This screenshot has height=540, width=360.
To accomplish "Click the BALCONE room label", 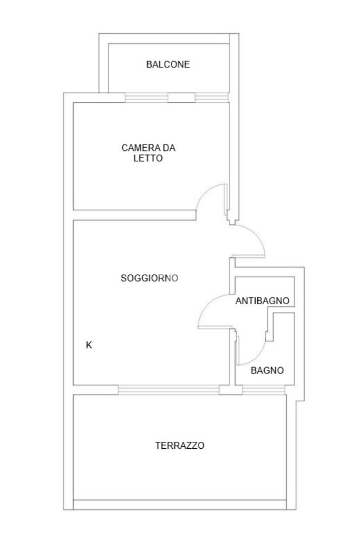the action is (x=168, y=64).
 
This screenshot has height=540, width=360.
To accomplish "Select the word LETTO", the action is (x=148, y=158).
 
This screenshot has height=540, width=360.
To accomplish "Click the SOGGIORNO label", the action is (x=149, y=278).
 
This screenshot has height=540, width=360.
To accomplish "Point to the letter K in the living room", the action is (x=89, y=345).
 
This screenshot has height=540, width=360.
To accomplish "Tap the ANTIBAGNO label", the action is (x=262, y=301).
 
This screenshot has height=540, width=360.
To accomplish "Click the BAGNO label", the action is (x=267, y=371).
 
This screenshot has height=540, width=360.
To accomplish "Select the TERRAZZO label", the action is (x=180, y=446).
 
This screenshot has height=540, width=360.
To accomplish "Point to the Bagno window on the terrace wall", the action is (x=264, y=390).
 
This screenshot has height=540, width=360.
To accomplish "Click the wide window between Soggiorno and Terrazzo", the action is (x=169, y=390).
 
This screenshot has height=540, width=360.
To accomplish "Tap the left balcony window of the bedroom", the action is (x=147, y=98).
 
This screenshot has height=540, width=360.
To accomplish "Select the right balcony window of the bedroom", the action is (x=212, y=98).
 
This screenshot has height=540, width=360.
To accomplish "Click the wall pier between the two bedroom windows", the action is (x=181, y=98).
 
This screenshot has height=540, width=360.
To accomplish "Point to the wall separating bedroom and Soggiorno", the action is (x=134, y=215).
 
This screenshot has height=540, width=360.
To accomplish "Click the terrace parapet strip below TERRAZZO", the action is (x=180, y=505).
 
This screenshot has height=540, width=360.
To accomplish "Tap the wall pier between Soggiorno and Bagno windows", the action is (x=230, y=390).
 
